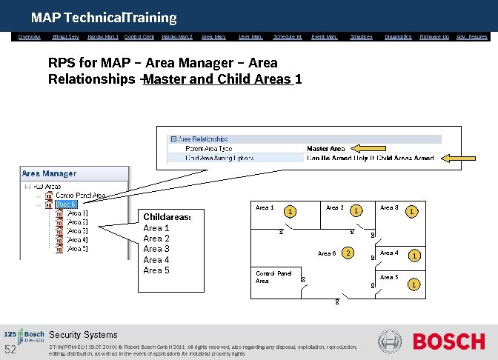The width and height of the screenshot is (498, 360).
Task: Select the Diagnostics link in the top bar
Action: click(x=398, y=36)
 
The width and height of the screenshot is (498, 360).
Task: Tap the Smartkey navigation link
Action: click(x=361, y=36)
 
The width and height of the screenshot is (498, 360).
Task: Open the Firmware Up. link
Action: click(x=434, y=36)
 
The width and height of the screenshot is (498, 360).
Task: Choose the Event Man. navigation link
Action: click(x=325, y=36)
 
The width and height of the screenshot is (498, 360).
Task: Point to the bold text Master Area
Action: click(x=326, y=148)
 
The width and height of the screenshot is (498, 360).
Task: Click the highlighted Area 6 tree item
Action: click(x=67, y=204)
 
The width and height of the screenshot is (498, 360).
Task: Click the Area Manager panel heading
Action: click(x=49, y=173)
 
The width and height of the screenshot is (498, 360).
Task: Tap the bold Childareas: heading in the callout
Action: click(x=167, y=217)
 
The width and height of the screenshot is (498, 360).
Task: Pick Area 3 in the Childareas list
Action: click(x=156, y=249)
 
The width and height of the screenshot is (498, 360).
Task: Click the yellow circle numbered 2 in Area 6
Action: click(x=348, y=254)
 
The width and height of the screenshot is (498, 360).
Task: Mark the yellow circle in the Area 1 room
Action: click(x=292, y=212)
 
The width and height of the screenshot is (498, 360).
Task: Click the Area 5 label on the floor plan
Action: click(x=389, y=277)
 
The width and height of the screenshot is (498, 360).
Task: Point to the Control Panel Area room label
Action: click(x=273, y=277)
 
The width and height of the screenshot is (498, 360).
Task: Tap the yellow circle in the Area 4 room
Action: click(x=416, y=256)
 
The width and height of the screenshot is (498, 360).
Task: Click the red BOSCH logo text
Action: click(x=448, y=341)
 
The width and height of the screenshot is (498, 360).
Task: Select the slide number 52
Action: click(x=10, y=350)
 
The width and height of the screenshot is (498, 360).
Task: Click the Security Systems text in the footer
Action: click(x=83, y=335)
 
